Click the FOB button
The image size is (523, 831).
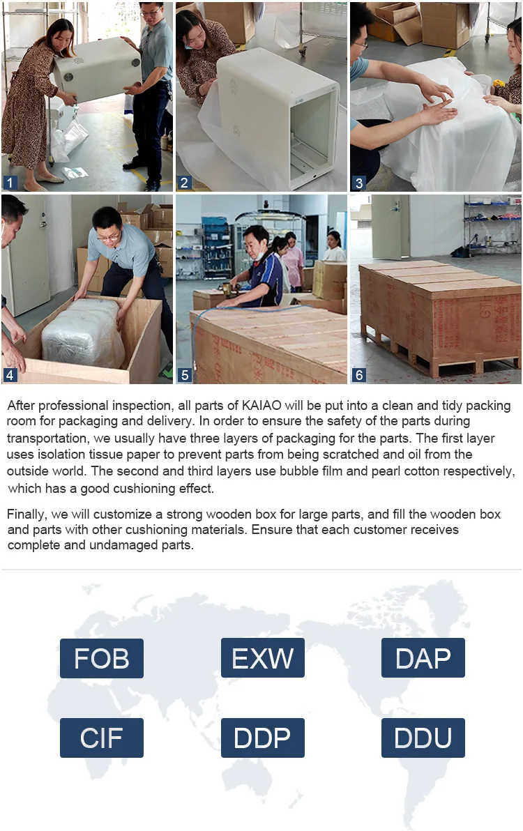coord(102,658)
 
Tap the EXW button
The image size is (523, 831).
coord(263,657)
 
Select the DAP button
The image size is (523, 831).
coord(423,657)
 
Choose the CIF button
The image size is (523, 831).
coord(102,738)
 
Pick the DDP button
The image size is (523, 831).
coord(263,738)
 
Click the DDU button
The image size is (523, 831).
coord(423,738)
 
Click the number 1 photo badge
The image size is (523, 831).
coord(10,183)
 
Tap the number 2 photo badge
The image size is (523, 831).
coord(184,183)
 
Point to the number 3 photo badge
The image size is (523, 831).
coord(358,183)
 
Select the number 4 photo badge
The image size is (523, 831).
coord(10,374)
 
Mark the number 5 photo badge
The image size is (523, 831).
coord(184,374)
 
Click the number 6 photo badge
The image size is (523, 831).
coord(358,374)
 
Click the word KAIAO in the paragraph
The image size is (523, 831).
coord(261,406)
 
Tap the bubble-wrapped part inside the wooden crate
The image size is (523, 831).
coord(83,333)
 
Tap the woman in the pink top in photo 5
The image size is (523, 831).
coord(293,259)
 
